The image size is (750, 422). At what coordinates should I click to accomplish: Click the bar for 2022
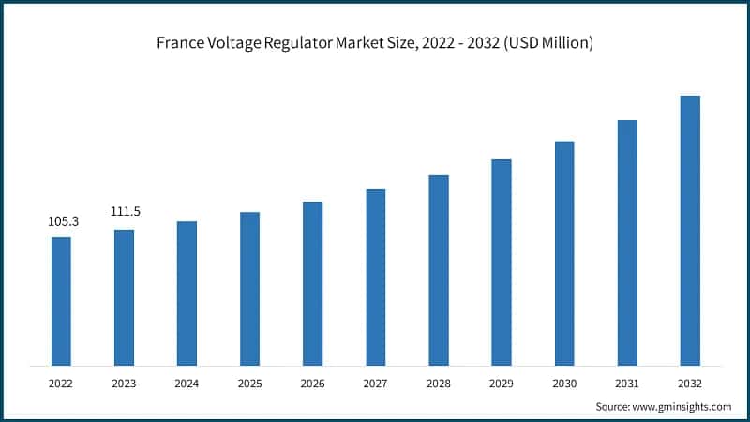pos(61,301)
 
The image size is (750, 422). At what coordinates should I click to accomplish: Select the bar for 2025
pos(249,289)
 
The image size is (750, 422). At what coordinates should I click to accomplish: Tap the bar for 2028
pos(439,270)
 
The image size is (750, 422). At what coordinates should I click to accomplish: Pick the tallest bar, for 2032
pos(690,231)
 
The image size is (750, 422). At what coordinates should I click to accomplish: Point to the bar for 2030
pos(564,253)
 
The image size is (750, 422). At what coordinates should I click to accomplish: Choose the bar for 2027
pos(376,278)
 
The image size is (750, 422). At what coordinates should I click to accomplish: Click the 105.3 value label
pos(63,221)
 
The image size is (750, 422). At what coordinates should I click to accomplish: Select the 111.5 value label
pos(125,213)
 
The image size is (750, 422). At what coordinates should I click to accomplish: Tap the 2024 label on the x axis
pos(187,384)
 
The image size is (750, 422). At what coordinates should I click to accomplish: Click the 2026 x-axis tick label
pos(312,384)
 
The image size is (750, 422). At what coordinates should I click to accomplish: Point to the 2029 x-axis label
pos(502,384)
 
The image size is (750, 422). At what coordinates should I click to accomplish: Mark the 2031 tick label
pos(627,384)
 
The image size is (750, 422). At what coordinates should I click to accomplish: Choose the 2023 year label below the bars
pos(124,384)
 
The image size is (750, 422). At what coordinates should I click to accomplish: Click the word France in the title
pos(182,43)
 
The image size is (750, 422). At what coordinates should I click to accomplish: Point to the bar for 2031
pos(627,243)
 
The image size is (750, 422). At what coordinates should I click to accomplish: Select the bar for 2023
pos(124,297)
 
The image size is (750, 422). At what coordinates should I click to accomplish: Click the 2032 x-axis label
pos(690,384)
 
